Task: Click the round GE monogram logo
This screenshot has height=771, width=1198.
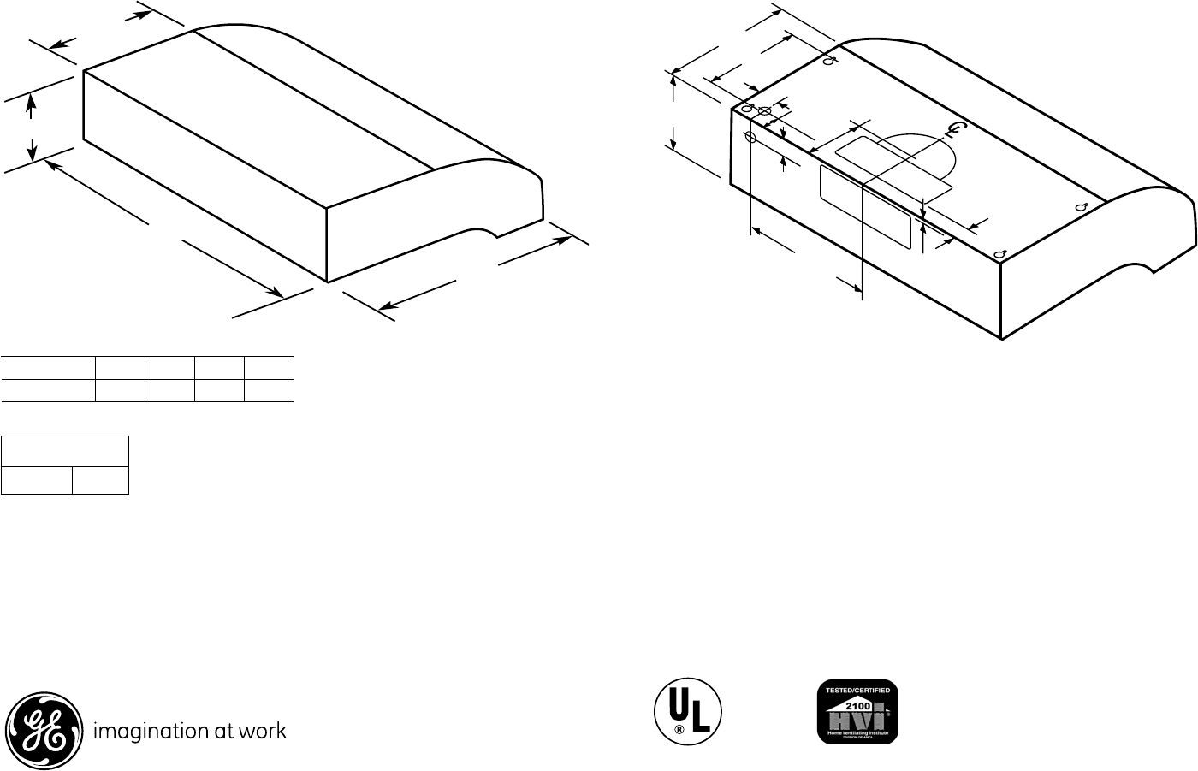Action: click(x=45, y=731)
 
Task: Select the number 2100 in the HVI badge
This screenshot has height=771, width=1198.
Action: click(x=858, y=705)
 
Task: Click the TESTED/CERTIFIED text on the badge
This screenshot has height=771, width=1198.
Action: click(x=858, y=688)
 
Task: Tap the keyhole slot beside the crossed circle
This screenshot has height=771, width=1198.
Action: click(x=747, y=110)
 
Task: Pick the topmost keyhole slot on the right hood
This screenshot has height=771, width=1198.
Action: click(x=827, y=61)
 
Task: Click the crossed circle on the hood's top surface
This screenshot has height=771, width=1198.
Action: click(x=765, y=111)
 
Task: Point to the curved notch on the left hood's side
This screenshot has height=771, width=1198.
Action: click(x=483, y=233)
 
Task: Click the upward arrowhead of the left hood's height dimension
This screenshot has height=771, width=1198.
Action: click(x=32, y=102)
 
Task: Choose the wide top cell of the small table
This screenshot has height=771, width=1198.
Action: click(x=65, y=451)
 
